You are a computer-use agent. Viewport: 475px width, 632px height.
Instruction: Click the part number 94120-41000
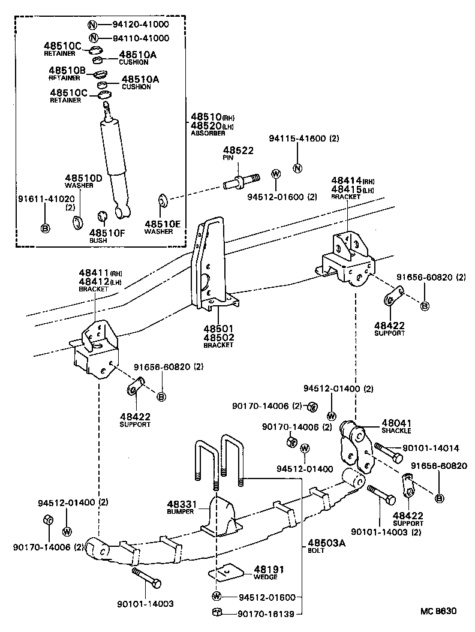(x=140, y=25)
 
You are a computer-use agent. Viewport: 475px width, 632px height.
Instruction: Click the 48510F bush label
(x=107, y=233)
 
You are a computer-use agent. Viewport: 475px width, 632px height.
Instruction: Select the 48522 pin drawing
(x=243, y=179)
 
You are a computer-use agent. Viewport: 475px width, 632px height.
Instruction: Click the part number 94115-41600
(x=296, y=139)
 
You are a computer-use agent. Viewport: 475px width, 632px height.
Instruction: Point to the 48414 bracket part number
(x=345, y=180)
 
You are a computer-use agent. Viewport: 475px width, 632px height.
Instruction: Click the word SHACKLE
(x=395, y=430)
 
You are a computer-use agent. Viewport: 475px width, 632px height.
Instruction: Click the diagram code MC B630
(x=438, y=612)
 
